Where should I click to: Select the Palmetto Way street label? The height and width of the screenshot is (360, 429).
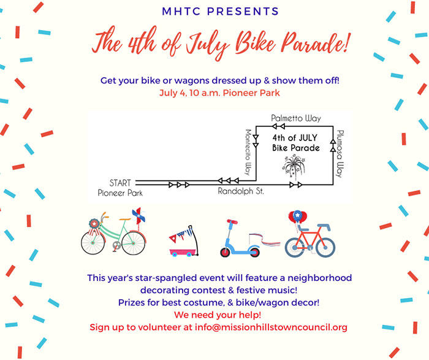[296, 118]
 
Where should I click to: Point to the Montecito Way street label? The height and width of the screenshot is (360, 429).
[248, 152]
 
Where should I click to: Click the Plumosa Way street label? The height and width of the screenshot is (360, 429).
[340, 153]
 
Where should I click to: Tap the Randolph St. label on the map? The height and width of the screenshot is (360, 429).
[241, 191]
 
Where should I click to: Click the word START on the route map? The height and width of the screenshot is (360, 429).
[120, 183]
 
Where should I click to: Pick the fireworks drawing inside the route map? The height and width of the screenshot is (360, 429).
[294, 165]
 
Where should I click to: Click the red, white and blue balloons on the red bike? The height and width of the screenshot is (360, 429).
[298, 217]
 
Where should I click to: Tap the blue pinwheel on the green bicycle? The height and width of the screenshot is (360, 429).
[139, 215]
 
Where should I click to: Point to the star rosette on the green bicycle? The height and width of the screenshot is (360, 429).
[94, 224]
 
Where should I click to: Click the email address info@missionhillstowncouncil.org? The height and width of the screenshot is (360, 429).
[271, 327]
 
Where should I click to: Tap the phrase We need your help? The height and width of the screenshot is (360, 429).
[218, 315]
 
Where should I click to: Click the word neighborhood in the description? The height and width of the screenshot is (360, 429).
[319, 278]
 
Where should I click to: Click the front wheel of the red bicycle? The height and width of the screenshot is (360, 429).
[325, 247]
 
